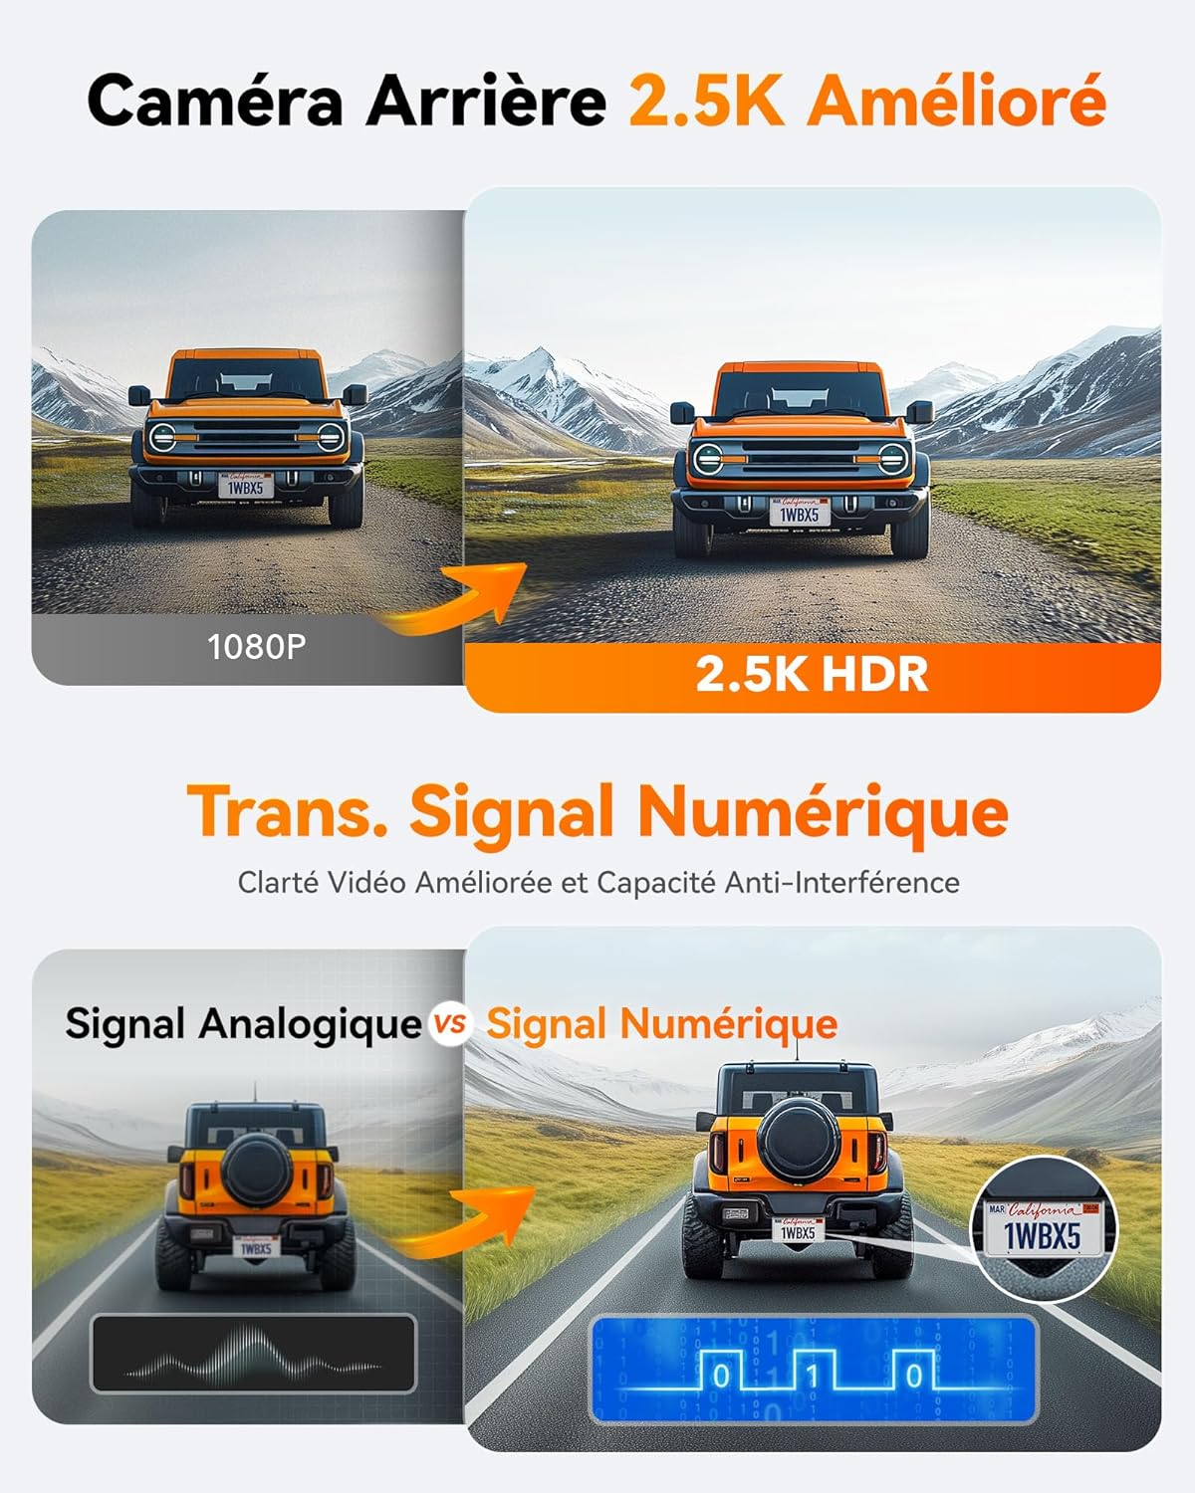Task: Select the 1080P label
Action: (256, 647)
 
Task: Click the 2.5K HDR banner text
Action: (812, 674)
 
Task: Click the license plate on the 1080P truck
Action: (246, 486)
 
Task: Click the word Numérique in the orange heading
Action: (823, 812)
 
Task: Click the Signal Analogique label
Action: (243, 1023)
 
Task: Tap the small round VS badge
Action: (451, 1024)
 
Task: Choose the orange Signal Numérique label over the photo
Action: (661, 1023)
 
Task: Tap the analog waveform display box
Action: (253, 1354)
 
